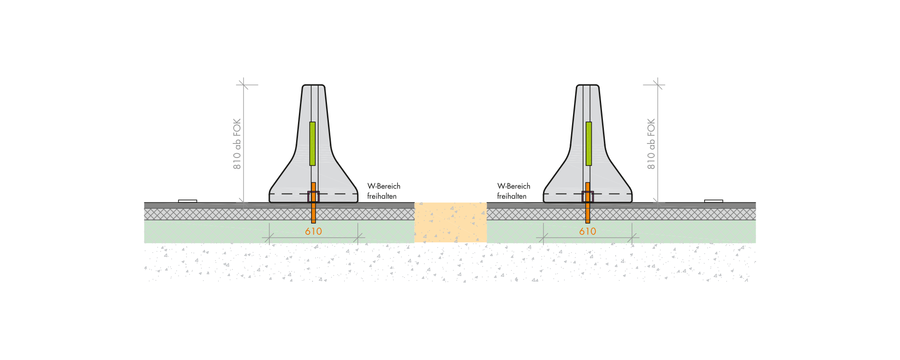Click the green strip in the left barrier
tap(312, 143)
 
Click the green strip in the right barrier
tap(588, 143)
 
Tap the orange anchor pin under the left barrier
tap(313, 202)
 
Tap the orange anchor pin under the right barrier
tap(588, 202)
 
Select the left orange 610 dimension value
tap(313, 231)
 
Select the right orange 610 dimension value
tap(588, 231)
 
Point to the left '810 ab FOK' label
tap(237, 144)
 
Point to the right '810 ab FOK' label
tap(651, 144)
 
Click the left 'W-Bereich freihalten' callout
tap(384, 191)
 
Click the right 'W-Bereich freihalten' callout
tap(513, 191)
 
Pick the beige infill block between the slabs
tap(451, 222)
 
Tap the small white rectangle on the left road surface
tap(187, 201)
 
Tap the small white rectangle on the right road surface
tap(714, 201)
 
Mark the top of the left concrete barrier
tap(313, 85)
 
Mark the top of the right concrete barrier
tap(588, 85)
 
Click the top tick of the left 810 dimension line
tap(243, 85)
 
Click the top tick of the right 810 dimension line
tap(658, 85)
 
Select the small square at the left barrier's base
tap(313, 197)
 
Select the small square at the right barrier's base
tap(588, 197)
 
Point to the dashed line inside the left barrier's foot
tap(313, 194)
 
